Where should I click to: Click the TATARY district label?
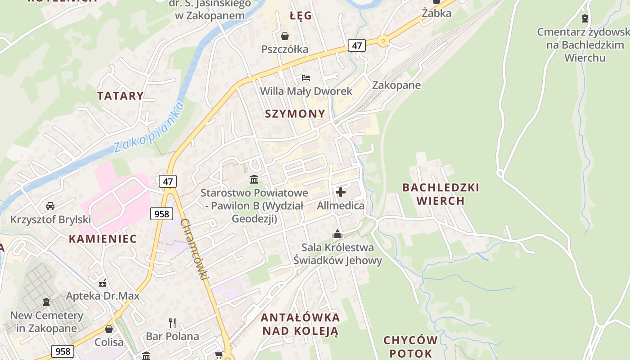click(x=120, y=95)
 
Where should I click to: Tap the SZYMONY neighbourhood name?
click(x=295, y=113)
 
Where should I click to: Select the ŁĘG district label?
click(x=301, y=16)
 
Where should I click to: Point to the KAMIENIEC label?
click(x=103, y=239)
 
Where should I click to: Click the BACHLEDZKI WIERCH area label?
click(x=441, y=194)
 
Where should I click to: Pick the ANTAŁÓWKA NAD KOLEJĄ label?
click(x=300, y=324)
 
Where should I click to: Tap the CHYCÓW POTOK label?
click(x=410, y=346)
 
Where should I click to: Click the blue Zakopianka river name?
click(x=148, y=127)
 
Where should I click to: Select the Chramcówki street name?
click(x=195, y=249)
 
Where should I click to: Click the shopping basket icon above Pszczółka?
click(x=285, y=36)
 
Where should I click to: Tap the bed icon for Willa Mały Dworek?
click(x=306, y=78)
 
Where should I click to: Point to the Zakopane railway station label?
click(x=396, y=85)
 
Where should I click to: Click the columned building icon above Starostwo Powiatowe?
click(x=254, y=180)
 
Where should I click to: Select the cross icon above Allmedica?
click(x=341, y=193)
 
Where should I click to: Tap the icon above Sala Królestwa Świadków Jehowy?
click(x=337, y=234)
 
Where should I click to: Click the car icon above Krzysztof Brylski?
click(x=50, y=206)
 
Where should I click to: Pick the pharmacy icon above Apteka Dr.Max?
click(x=103, y=283)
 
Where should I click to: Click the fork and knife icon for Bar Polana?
click(x=172, y=323)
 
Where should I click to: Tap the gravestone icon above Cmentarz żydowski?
click(x=585, y=18)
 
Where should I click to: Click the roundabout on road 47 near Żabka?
click(x=383, y=41)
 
